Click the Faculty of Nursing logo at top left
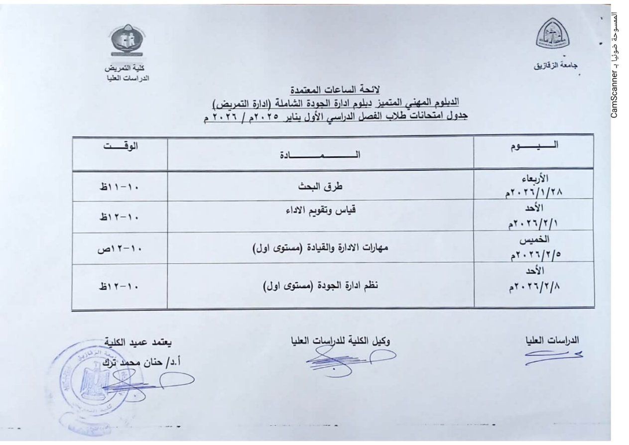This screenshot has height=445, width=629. (x=127, y=41)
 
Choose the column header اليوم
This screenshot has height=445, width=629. (x=534, y=146)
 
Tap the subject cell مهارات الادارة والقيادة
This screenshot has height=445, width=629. (x=320, y=248)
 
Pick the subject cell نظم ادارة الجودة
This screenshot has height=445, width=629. (x=320, y=286)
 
